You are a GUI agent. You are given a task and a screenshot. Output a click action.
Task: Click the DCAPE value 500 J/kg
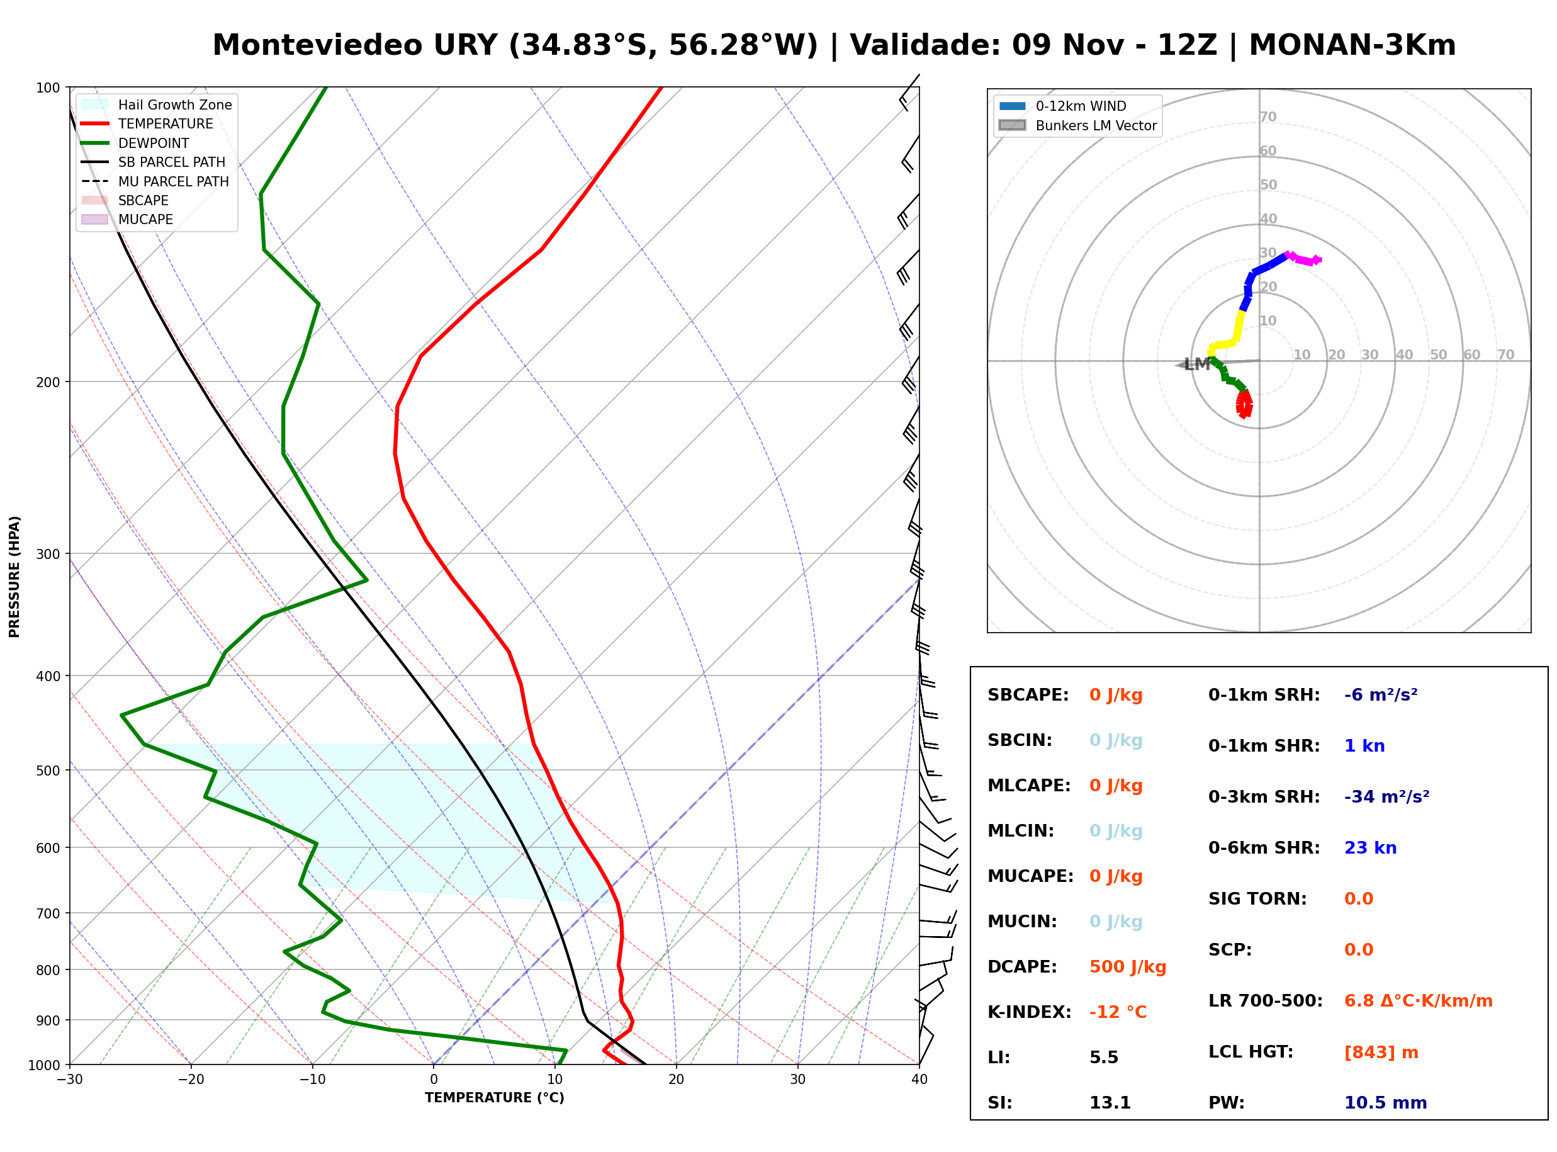point(1128,967)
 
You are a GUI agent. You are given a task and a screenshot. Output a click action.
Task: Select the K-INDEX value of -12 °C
point(1118,1012)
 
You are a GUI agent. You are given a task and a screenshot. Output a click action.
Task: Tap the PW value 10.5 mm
point(1386,1103)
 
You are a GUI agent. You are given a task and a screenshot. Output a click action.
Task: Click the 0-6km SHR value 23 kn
point(1370,848)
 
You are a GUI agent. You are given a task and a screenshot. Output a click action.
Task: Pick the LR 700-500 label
point(1266,1002)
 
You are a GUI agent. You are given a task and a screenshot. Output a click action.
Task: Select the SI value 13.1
point(1110,1103)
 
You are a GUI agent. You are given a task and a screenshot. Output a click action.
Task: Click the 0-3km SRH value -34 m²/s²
point(1387,797)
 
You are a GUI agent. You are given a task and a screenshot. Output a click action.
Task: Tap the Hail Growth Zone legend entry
point(157,104)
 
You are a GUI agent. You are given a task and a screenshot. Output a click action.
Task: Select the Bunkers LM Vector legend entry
point(1077,125)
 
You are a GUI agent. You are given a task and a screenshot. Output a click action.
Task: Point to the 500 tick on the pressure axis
point(48,771)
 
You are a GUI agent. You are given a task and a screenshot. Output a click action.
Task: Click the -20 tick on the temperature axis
point(191,1080)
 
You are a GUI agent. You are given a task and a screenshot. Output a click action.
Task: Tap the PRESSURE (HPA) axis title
point(14,576)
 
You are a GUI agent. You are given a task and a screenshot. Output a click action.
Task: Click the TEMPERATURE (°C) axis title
point(495,1098)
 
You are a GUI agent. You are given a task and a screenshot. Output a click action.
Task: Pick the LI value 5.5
point(1104,1058)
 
